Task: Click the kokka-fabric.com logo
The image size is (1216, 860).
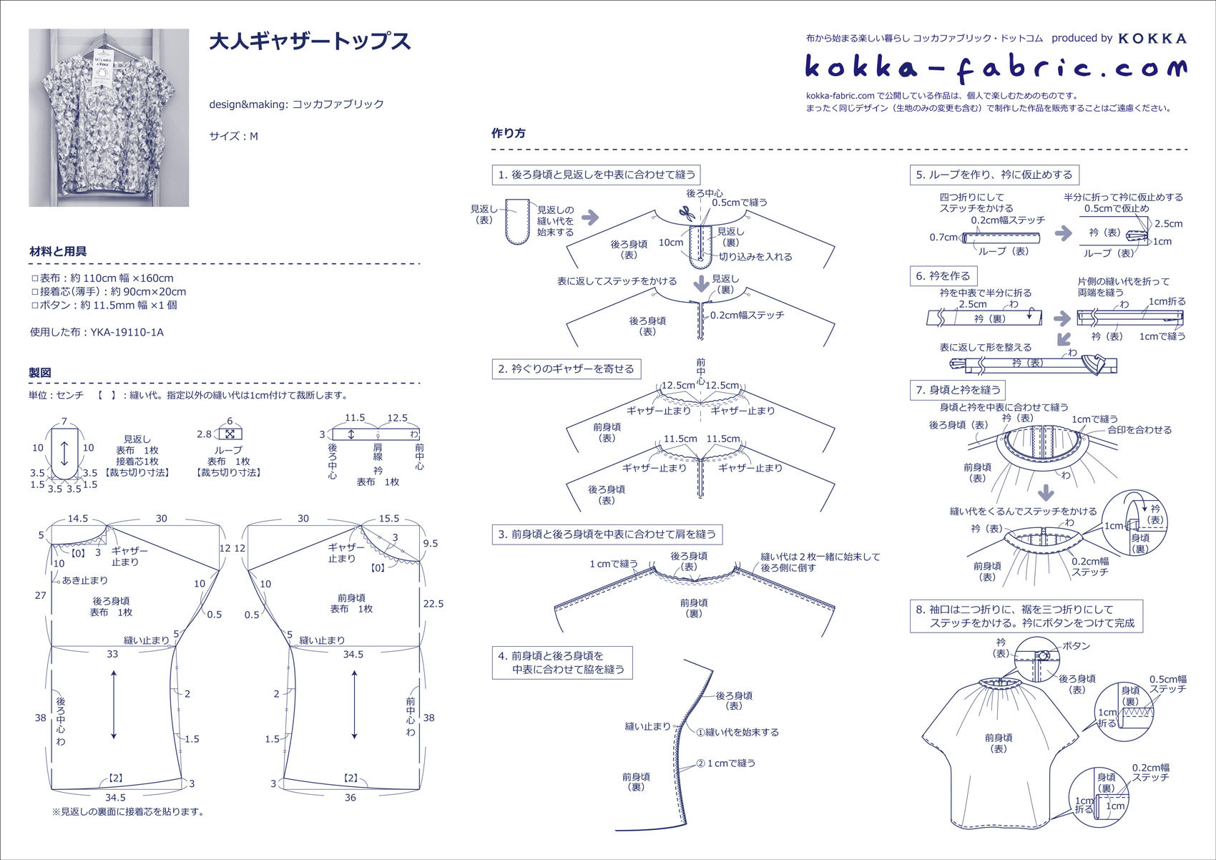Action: [995, 68]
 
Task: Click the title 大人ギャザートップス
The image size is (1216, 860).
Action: [310, 41]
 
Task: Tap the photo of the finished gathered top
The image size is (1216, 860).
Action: [109, 118]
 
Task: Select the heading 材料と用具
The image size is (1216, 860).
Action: [58, 251]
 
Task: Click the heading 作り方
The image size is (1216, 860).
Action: [509, 133]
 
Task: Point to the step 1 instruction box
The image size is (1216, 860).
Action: [597, 175]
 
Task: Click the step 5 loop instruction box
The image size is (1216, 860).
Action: [994, 175]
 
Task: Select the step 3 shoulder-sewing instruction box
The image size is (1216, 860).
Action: [607, 534]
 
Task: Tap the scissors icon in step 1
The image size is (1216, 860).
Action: [687, 212]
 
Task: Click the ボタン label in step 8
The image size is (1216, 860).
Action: [1076, 646]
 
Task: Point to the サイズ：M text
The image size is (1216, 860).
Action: [233, 136]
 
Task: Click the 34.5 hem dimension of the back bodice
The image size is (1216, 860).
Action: [115, 797]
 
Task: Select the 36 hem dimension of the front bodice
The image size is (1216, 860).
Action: [350, 797]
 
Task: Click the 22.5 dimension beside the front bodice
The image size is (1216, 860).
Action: [433, 603]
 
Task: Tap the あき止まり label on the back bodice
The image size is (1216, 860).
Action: [85, 580]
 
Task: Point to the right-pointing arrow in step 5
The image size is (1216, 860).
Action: [1064, 233]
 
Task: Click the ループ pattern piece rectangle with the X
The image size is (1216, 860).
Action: [230, 434]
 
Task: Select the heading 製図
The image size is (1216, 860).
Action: [40, 373]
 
